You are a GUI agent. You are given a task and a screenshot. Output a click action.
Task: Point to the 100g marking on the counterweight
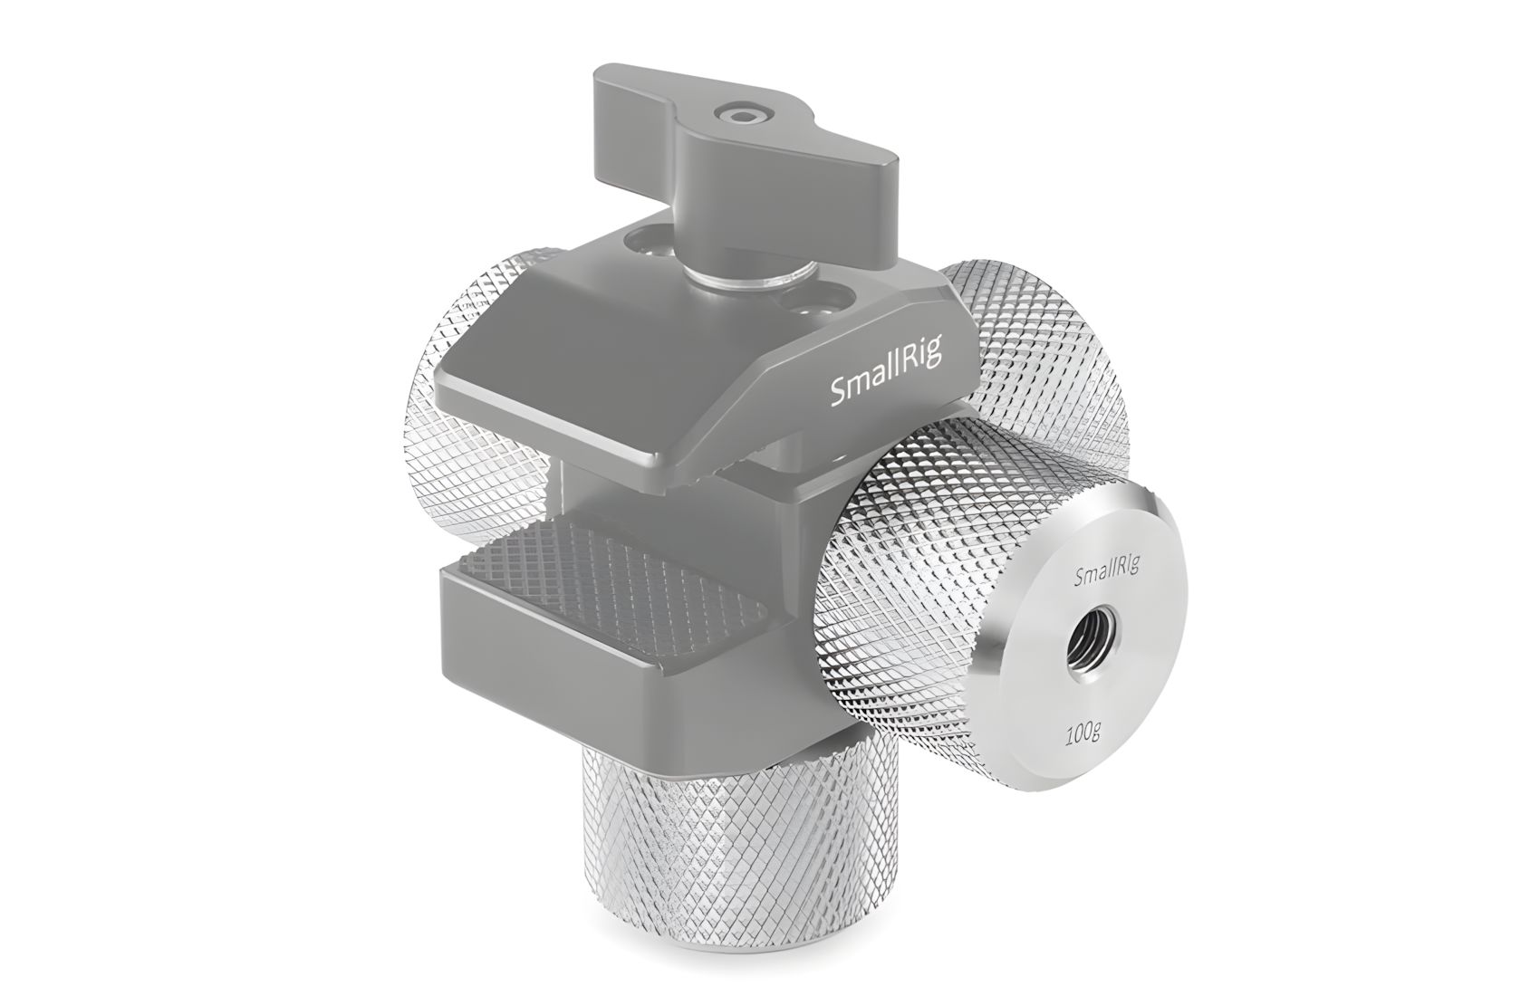coord(1083,736)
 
